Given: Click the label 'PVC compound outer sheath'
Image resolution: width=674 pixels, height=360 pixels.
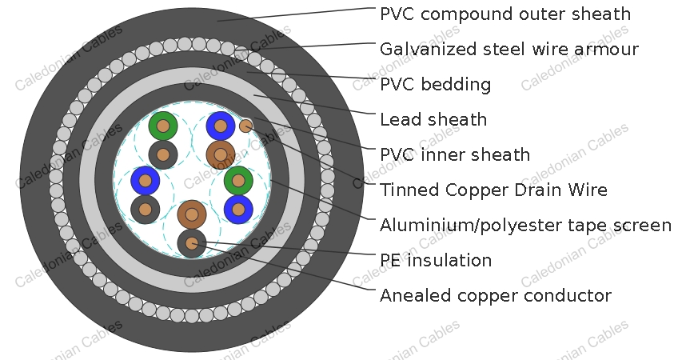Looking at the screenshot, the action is (x=505, y=14).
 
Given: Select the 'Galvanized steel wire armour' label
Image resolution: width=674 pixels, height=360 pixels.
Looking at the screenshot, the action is (x=509, y=49).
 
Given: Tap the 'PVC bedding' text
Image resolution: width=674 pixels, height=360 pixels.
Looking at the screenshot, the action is (x=435, y=84).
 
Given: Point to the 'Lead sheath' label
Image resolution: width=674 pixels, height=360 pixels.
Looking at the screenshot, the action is (x=433, y=119).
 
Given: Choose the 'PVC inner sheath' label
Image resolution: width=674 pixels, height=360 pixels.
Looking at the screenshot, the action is (x=455, y=154).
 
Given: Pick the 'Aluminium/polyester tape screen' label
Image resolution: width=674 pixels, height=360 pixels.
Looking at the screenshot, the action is (x=525, y=225).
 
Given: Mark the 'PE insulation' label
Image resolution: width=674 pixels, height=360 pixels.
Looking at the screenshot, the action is (x=436, y=260).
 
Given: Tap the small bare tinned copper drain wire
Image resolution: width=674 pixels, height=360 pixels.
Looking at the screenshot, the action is (x=246, y=126).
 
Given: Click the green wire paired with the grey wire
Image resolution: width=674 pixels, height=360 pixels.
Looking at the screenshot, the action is (x=163, y=126).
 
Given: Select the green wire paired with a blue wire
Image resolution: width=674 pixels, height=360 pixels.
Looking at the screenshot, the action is (x=238, y=181).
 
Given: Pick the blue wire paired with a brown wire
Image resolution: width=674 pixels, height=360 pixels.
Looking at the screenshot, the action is (x=221, y=126).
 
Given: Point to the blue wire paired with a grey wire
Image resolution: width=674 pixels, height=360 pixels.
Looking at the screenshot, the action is (x=146, y=181).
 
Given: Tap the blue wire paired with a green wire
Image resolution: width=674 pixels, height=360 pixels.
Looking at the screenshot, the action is (x=238, y=210).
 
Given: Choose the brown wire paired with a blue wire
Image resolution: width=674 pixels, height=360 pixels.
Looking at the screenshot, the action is (x=221, y=155).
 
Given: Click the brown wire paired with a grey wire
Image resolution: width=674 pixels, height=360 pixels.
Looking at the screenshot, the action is (x=192, y=214).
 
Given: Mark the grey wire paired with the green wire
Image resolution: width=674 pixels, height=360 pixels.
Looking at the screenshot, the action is (x=163, y=155).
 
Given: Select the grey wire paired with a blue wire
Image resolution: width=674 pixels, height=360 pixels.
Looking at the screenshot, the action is (x=146, y=210).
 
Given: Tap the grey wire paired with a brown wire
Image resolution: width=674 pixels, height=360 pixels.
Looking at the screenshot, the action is (x=192, y=243).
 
